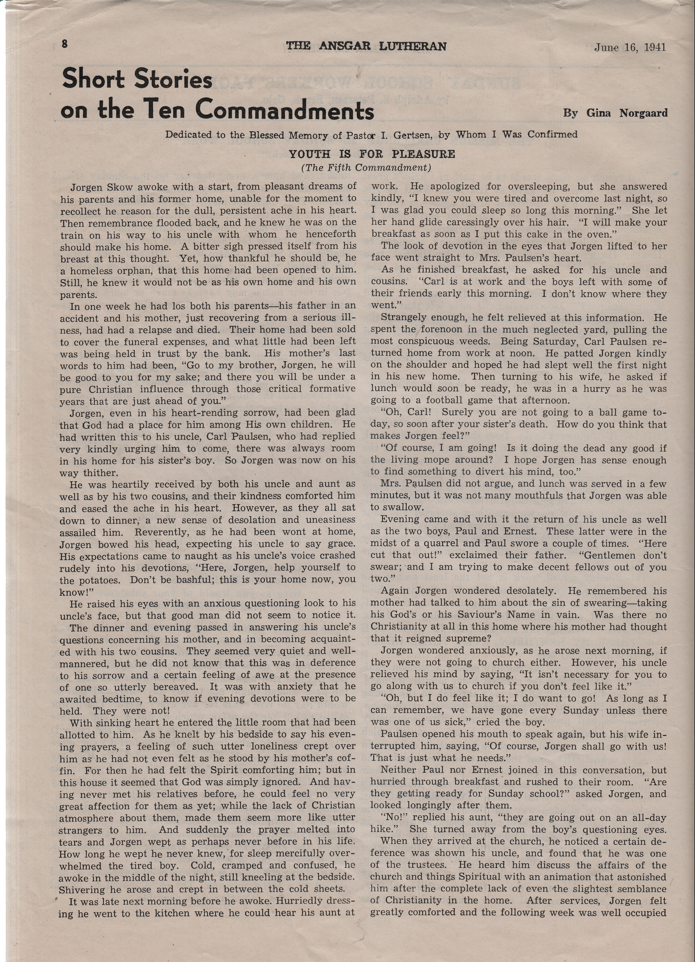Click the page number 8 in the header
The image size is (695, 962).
click(x=65, y=44)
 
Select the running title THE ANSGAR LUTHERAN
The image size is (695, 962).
click(x=366, y=46)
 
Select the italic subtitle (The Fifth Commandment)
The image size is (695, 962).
click(x=366, y=168)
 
